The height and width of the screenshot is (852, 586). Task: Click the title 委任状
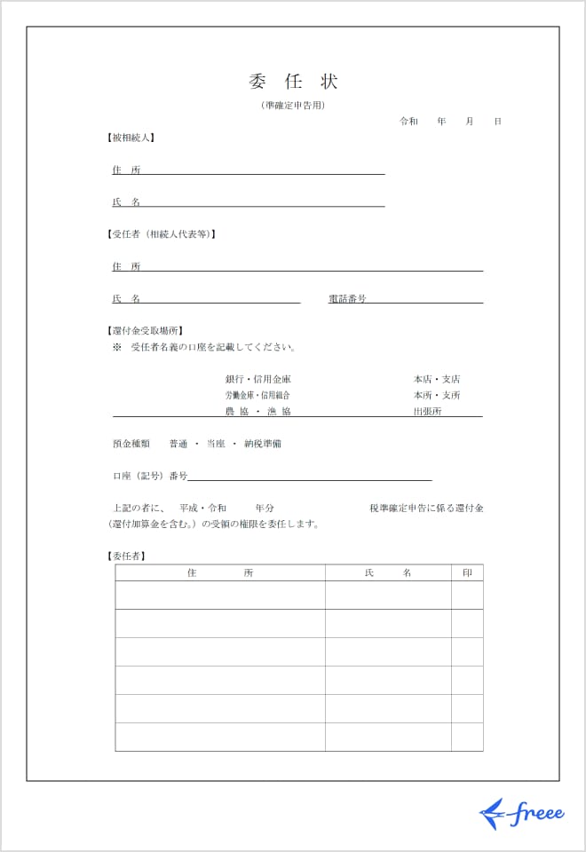[x=293, y=83]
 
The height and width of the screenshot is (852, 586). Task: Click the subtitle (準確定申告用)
[x=293, y=106]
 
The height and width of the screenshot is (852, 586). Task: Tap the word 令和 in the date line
[x=408, y=121]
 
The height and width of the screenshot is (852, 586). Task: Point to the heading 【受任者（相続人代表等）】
[x=161, y=234]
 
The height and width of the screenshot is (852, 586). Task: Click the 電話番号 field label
[x=347, y=299]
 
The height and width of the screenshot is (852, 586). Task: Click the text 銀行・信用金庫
[x=257, y=379]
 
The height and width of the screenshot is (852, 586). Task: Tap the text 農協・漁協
[x=257, y=412]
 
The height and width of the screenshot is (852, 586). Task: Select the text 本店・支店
[x=436, y=379]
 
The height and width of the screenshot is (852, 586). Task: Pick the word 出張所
[x=427, y=412]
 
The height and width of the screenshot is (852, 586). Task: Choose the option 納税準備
[x=263, y=444]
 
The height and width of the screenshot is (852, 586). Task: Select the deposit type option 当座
[x=215, y=444]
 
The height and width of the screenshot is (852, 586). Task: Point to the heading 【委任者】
[x=126, y=556]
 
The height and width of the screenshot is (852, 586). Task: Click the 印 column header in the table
[x=467, y=573]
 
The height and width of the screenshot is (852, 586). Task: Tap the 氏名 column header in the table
[x=388, y=573]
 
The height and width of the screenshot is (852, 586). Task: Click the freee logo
[x=521, y=813]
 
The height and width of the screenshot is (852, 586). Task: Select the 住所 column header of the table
[x=220, y=573]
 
